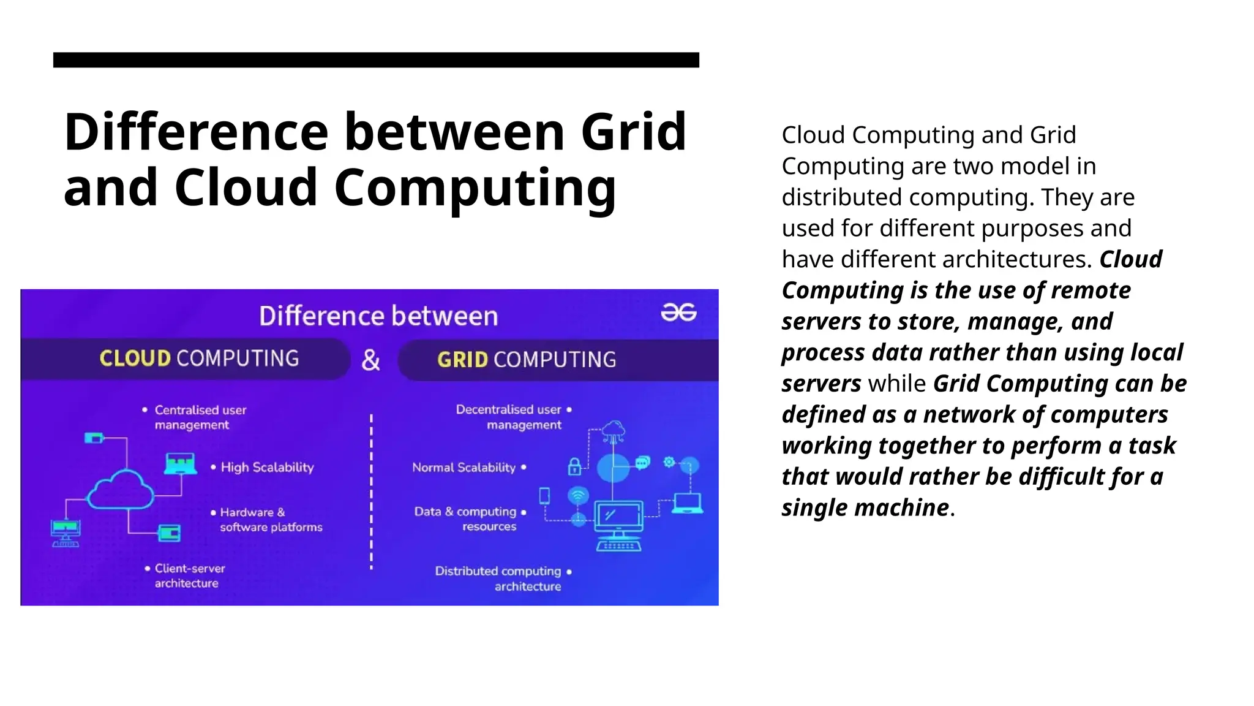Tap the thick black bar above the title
click(376, 59)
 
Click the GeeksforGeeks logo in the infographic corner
click(678, 313)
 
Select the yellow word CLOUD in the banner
click(135, 359)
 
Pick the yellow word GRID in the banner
click(462, 360)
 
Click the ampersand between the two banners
click(370, 360)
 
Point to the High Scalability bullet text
click(267, 468)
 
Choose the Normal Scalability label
click(464, 468)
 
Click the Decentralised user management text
click(509, 417)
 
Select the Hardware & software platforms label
click(270, 520)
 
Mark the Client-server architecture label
click(189, 576)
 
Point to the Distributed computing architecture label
click(498, 579)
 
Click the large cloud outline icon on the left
click(121, 490)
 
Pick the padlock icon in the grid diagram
click(574, 467)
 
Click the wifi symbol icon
click(578, 495)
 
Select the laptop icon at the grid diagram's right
click(687, 503)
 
